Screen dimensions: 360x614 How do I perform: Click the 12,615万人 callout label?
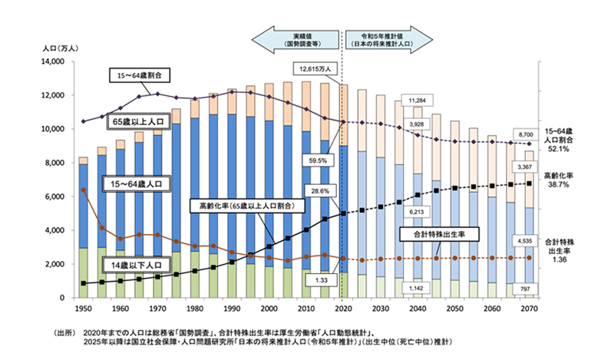click(311, 68)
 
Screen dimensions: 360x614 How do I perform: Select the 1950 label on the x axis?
click(83, 307)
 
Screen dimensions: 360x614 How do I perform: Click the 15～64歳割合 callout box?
click(139, 76)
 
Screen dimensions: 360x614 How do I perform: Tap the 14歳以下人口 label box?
click(137, 264)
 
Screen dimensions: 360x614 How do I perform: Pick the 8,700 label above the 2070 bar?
click(526, 134)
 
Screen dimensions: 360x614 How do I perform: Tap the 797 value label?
click(526, 289)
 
